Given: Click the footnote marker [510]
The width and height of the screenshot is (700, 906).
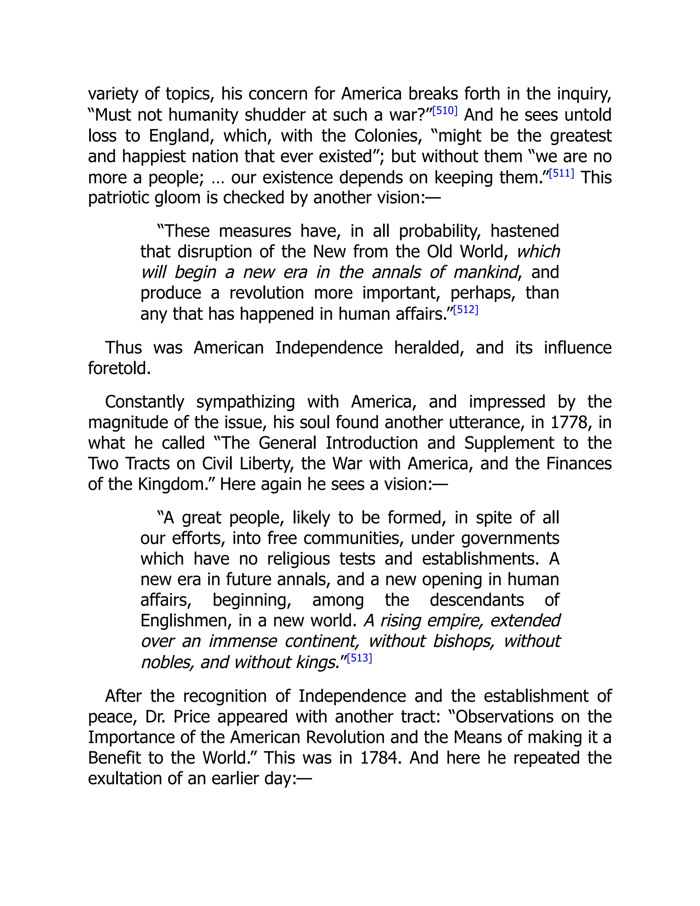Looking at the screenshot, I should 445,111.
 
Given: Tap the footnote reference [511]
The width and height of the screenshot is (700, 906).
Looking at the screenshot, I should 562,173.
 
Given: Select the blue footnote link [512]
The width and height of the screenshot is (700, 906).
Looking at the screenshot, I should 466,310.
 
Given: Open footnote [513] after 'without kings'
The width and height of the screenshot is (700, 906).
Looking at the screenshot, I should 360,658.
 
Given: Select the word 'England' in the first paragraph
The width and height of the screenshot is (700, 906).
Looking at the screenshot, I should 181,136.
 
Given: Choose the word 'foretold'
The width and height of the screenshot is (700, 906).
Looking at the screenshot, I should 119,368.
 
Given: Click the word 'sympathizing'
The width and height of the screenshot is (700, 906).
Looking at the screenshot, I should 245,402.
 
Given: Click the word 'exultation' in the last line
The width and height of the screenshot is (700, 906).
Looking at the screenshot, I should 125,778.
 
